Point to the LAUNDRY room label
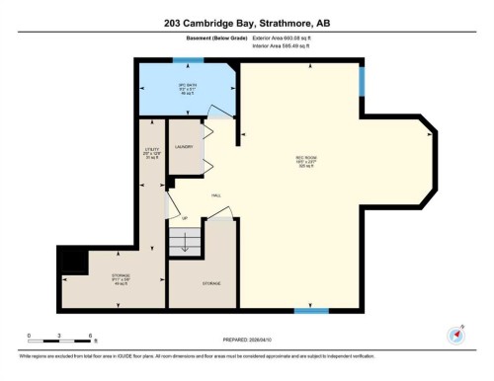click(x=184, y=147)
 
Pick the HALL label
click(x=215, y=195)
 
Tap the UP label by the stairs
click(x=185, y=218)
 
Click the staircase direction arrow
click(x=184, y=241)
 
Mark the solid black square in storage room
click(x=70, y=260)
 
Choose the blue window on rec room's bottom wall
click(x=311, y=312)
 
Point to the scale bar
click(x=59, y=340)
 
